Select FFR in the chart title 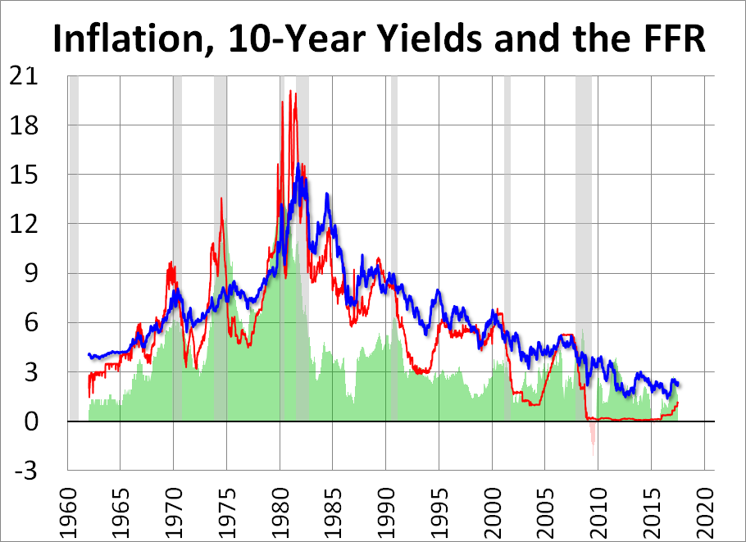pos(666,40)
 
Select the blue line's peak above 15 pos(298,165)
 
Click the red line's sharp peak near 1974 pos(221,199)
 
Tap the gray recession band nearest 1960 pos(74,246)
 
